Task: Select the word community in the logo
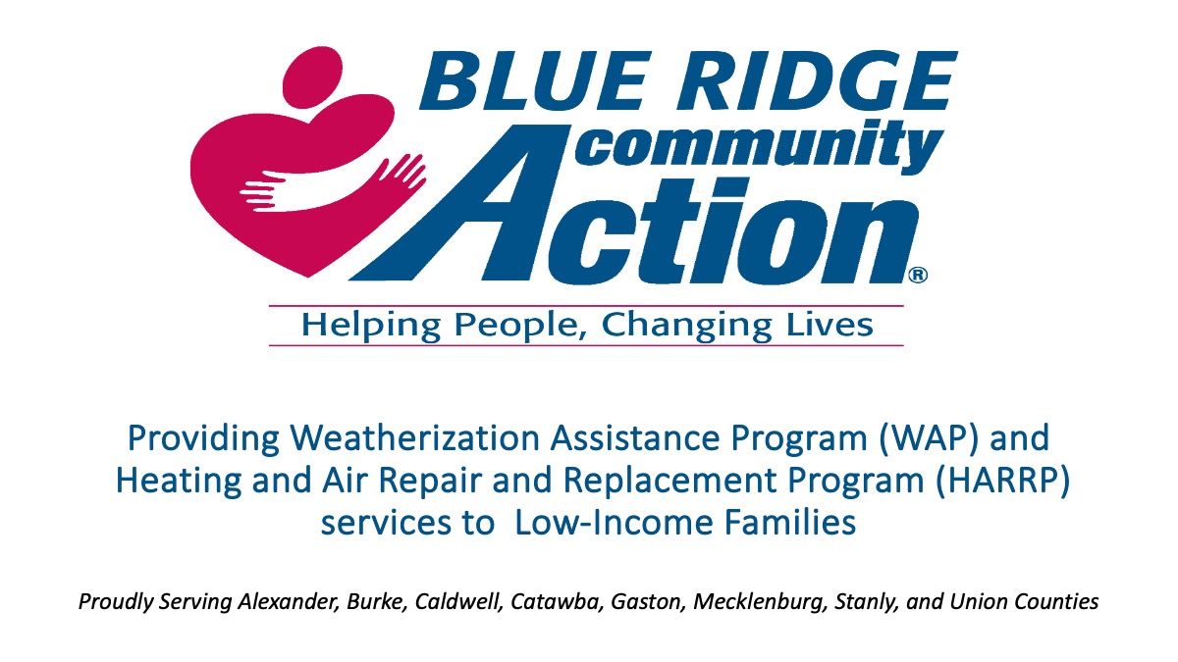point(758,145)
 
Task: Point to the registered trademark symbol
point(918,275)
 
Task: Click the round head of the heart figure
point(313,76)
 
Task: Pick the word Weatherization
point(415,437)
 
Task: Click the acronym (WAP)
point(928,438)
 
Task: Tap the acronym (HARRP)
point(1002,481)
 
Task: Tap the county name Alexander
point(288,601)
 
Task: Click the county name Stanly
point(865,602)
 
